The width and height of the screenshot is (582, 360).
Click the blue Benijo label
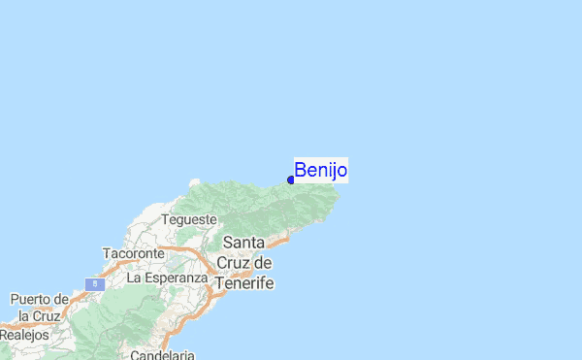click(320, 171)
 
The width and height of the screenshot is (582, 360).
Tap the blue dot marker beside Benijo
click(291, 180)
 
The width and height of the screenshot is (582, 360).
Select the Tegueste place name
click(189, 219)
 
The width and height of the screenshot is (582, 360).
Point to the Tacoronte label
click(135, 253)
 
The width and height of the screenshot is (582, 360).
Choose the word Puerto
click(31, 299)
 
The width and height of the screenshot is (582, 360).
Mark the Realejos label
click(23, 334)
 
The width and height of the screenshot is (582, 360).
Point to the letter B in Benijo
click(300, 171)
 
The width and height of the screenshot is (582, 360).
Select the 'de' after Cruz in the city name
click(264, 263)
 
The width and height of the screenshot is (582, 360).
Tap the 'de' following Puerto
click(60, 299)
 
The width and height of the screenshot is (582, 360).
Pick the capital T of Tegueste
click(165, 219)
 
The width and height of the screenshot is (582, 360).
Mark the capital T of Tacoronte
click(106, 253)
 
